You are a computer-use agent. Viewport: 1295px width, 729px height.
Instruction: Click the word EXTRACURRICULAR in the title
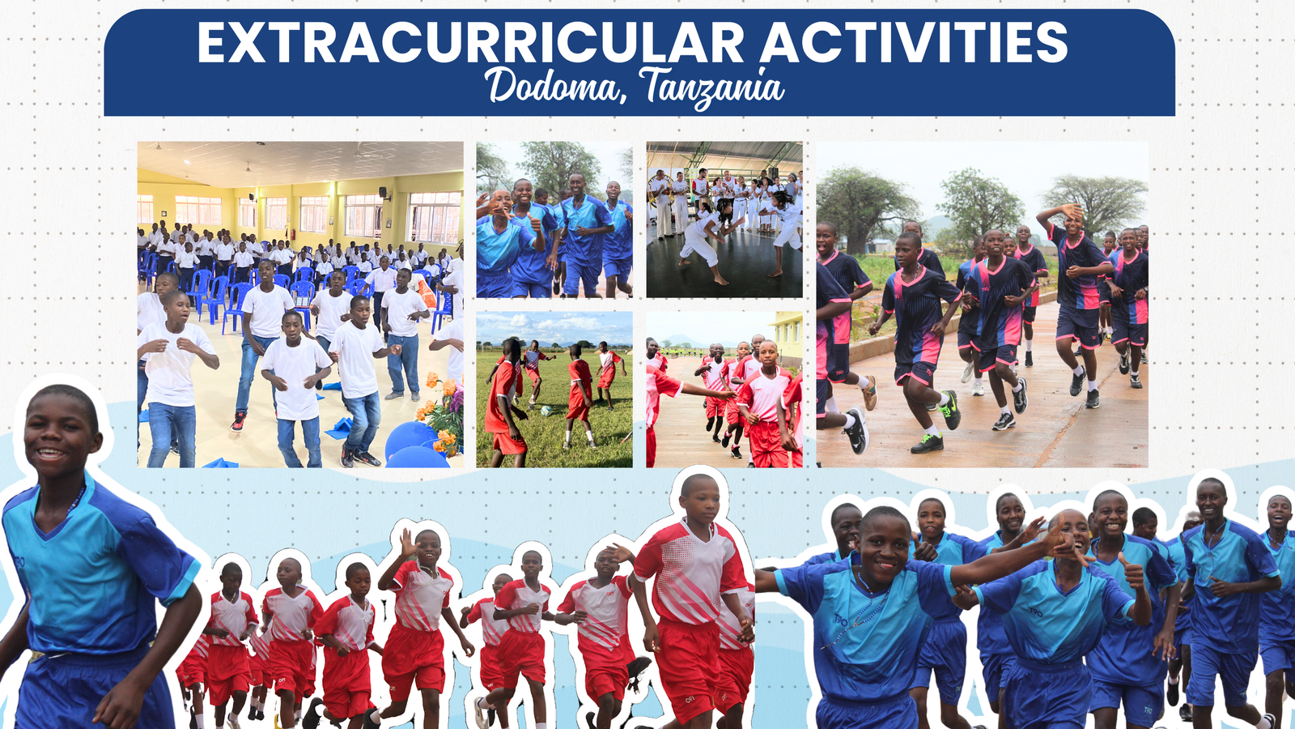(469, 44)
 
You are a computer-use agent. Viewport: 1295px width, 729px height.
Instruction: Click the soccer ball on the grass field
(546, 410)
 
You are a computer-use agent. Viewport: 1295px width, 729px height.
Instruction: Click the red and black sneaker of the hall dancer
(238, 421)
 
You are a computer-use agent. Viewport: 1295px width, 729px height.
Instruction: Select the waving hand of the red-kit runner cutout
(408, 544)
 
